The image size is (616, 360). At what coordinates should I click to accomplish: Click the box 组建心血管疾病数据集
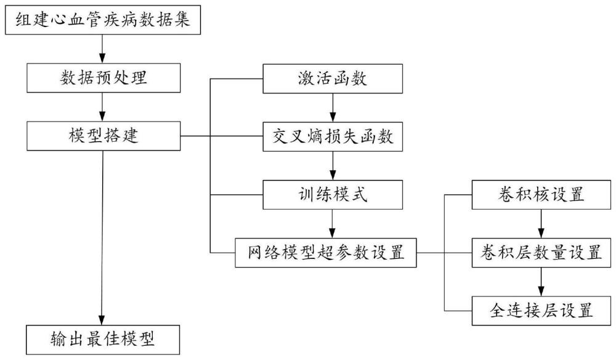coord(103,20)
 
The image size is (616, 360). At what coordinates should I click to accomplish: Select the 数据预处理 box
coord(103,78)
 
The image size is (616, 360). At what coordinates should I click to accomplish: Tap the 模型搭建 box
coord(103,135)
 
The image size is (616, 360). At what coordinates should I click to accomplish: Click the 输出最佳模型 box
coord(103,340)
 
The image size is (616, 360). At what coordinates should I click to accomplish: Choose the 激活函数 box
coord(333,78)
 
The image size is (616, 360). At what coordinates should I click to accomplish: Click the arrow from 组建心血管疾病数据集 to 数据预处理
coord(103,48)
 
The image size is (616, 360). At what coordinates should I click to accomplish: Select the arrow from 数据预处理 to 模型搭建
coord(103,106)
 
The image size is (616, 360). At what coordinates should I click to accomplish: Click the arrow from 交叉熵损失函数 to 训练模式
coord(333,165)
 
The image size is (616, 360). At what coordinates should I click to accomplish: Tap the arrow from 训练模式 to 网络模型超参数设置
coord(333,223)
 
